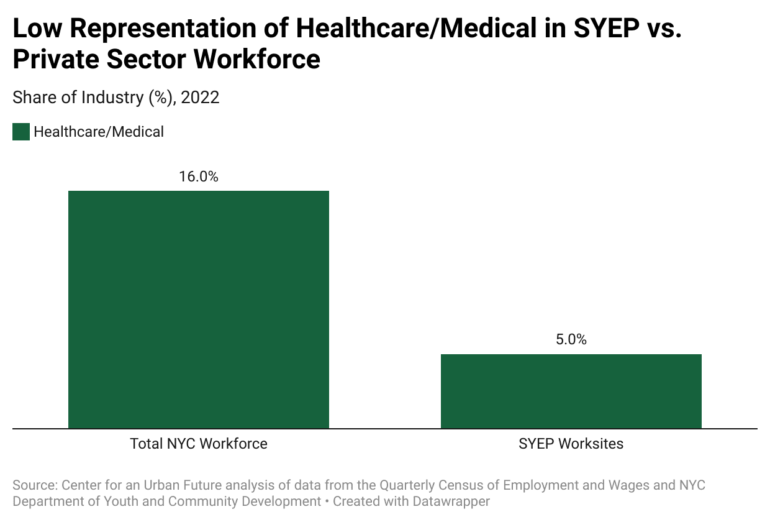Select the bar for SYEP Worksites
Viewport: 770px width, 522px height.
(571, 391)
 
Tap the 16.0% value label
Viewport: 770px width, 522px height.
(199, 177)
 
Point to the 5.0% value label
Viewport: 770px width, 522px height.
(571, 340)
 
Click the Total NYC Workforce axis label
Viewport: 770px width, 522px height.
(199, 444)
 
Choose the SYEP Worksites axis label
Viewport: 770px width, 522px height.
(571, 444)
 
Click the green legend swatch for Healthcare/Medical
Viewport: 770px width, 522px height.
(21, 132)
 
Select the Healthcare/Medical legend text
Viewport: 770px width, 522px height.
(99, 132)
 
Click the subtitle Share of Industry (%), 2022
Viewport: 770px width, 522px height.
(116, 98)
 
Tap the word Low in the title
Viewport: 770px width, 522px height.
(37, 29)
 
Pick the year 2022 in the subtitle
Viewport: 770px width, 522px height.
(201, 98)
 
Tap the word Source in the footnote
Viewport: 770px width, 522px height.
(33, 485)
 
